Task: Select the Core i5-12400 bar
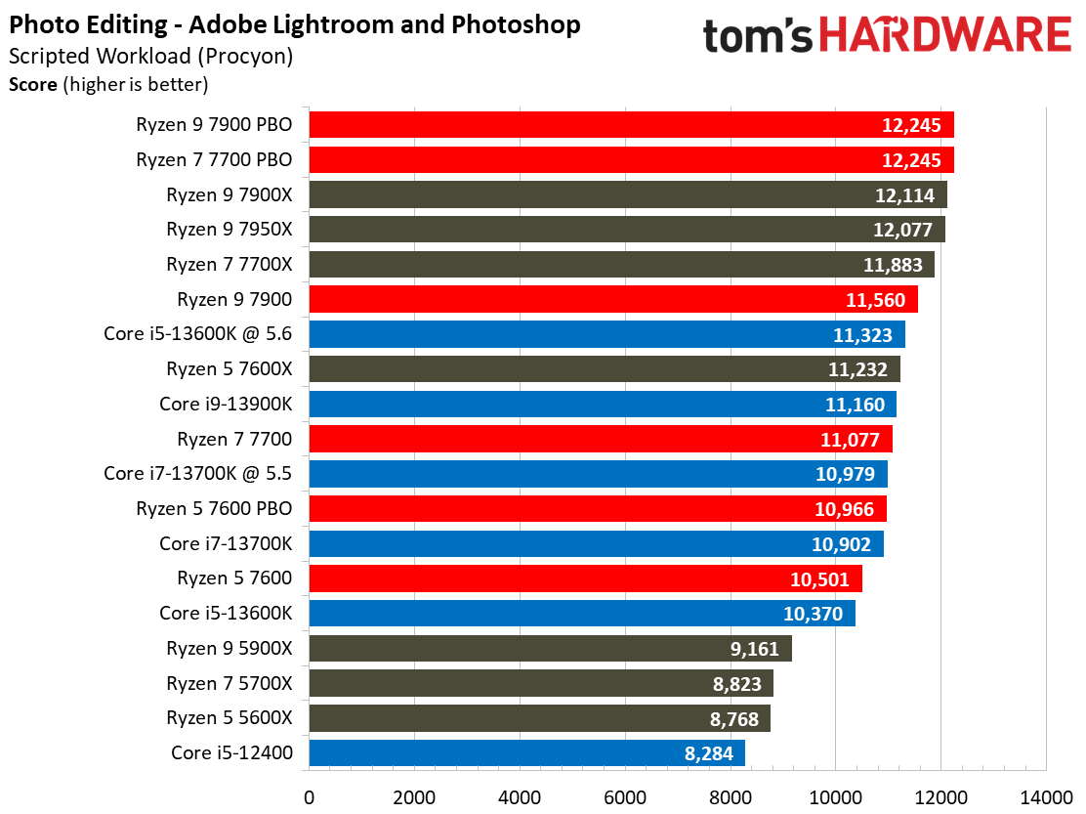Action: tap(526, 752)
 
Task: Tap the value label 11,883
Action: tap(893, 265)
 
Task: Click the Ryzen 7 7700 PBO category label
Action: tap(214, 159)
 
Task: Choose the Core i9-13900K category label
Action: tap(226, 404)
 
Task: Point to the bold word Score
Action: tap(32, 84)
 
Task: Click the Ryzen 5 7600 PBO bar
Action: tap(597, 508)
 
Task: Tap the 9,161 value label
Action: tap(750, 648)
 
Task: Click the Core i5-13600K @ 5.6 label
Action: tap(198, 334)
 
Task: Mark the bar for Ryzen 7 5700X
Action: tap(540, 683)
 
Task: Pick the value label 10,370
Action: tap(814, 614)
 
